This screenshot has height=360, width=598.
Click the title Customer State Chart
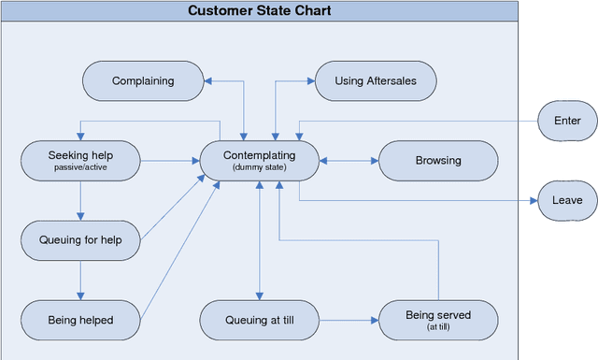point(259,11)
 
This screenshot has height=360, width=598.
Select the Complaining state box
point(143,81)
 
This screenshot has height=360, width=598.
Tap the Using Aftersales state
point(375,81)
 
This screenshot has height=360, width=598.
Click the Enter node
point(567,121)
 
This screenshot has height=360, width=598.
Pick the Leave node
point(567,200)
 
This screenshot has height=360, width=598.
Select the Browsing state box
point(437,161)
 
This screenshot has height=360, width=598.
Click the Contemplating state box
point(259,161)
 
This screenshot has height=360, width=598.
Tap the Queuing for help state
point(80,240)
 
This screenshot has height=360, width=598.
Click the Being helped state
point(80,320)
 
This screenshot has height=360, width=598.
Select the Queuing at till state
point(259,320)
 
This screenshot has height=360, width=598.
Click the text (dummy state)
point(259,167)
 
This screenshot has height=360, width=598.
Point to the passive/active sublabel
point(80,167)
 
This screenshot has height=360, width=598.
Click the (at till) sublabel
point(437,327)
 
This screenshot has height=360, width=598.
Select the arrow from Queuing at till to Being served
point(348,320)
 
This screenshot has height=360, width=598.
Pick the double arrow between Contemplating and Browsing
point(348,161)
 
